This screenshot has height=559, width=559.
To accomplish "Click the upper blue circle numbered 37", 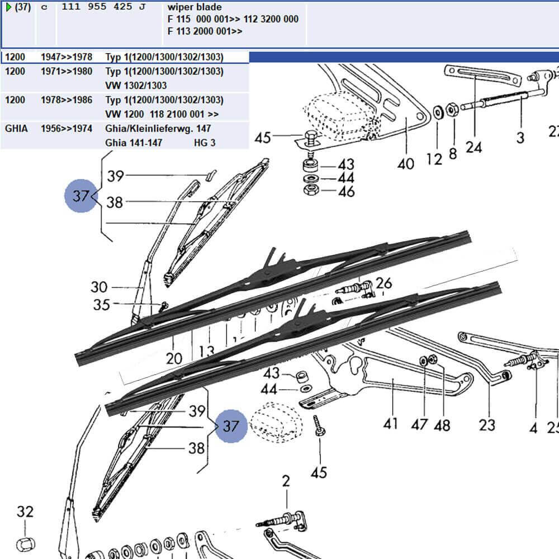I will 82,196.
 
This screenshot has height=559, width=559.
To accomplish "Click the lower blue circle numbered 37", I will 231,426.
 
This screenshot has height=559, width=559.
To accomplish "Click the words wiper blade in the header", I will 195,7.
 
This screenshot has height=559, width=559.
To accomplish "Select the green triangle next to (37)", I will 8,7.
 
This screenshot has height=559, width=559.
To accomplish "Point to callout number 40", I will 406,164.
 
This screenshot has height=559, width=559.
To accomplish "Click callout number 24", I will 473,148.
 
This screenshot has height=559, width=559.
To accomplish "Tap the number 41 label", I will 391,423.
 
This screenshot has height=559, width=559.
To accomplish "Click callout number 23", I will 487,425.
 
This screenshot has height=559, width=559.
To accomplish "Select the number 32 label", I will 25,511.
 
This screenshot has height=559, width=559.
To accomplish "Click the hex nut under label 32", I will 25,543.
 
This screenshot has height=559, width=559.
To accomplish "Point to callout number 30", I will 99,287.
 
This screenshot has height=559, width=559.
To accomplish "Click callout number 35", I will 101,305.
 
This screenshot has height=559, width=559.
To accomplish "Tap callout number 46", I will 347,192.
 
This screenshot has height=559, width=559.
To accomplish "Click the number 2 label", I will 286,481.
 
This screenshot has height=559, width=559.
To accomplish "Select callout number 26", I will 383,282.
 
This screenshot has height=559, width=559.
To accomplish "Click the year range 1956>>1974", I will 67,129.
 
